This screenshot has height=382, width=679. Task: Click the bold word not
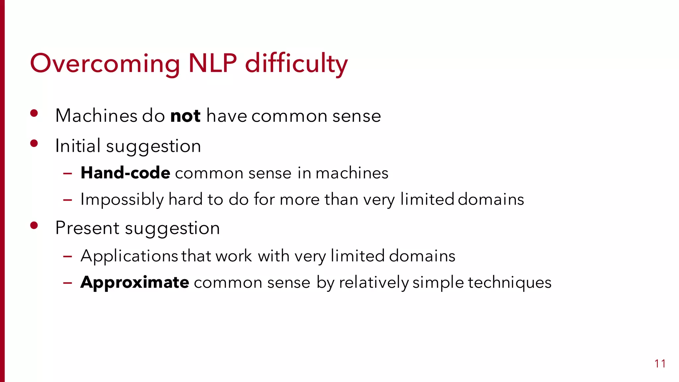click(x=185, y=116)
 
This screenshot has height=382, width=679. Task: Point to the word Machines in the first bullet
click(x=96, y=116)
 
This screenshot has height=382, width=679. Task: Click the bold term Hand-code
click(x=125, y=173)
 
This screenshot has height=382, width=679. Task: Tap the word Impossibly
click(x=122, y=200)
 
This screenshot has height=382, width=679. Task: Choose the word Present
click(x=87, y=228)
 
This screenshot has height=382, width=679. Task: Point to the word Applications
click(x=129, y=256)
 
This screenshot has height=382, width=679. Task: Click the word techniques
click(x=510, y=283)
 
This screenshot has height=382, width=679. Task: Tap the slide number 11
click(x=660, y=364)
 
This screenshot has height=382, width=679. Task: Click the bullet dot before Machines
click(x=34, y=113)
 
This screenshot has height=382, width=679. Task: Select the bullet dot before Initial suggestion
click(x=34, y=143)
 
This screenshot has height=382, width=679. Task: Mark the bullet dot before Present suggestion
click(x=34, y=225)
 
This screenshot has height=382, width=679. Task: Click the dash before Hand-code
click(x=68, y=173)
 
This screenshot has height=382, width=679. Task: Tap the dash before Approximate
click(x=68, y=283)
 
